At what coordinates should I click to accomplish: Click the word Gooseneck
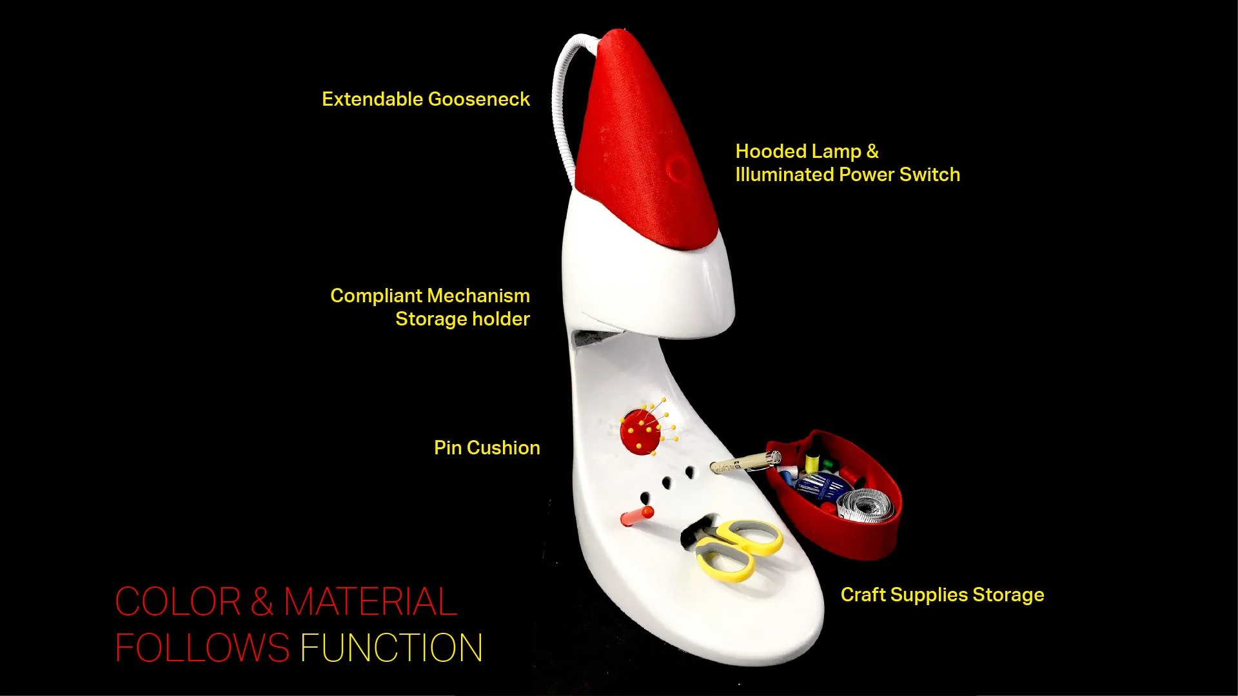pyautogui.click(x=478, y=99)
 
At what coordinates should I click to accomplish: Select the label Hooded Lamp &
pyautogui.click(x=807, y=151)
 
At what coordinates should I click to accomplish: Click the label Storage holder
pyautogui.click(x=462, y=319)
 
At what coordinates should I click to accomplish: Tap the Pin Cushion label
pyautogui.click(x=487, y=448)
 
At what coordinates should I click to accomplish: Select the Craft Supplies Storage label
pyautogui.click(x=942, y=595)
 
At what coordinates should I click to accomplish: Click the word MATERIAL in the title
pyautogui.click(x=370, y=602)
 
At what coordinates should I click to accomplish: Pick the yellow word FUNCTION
pyautogui.click(x=391, y=648)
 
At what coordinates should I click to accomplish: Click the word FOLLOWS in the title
pyautogui.click(x=202, y=648)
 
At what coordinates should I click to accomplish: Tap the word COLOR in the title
pyautogui.click(x=178, y=602)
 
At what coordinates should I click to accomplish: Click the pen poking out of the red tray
pyautogui.click(x=745, y=463)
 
